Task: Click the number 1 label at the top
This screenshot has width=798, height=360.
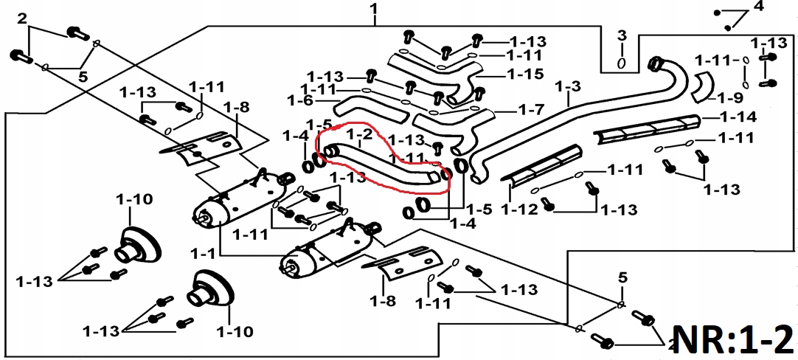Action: coord(374,10)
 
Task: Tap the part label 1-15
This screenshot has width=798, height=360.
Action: coord(525,74)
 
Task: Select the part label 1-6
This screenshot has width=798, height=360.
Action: coord(300,100)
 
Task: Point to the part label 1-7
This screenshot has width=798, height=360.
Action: coord(531,110)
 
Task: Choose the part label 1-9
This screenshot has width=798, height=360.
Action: coord(729,97)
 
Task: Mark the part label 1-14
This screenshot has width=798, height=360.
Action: coord(738,117)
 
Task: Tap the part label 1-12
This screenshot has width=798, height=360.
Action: coord(519,210)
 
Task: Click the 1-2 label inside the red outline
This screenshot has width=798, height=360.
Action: coord(358,134)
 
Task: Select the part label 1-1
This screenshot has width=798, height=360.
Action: coord(203,253)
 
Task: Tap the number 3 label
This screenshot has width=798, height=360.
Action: coord(621,35)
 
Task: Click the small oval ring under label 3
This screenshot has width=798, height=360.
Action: coord(621,63)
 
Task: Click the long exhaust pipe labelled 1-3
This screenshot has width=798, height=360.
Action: coord(561,125)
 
